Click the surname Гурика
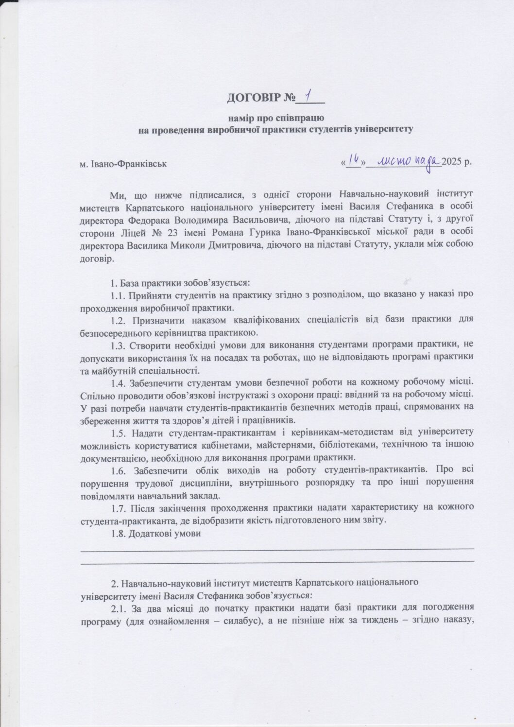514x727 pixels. coord(248,232)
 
